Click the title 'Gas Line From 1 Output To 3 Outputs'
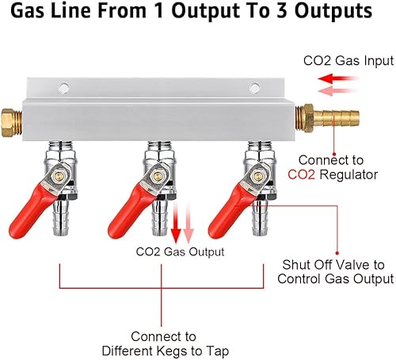click(x=198, y=13)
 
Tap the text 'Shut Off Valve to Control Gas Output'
click(x=338, y=271)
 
